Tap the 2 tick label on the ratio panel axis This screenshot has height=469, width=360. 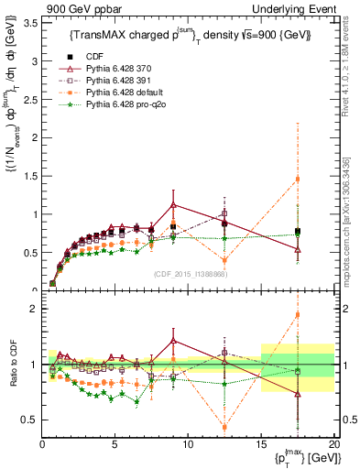[34, 309]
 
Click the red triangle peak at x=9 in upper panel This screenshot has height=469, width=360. [173, 204]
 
